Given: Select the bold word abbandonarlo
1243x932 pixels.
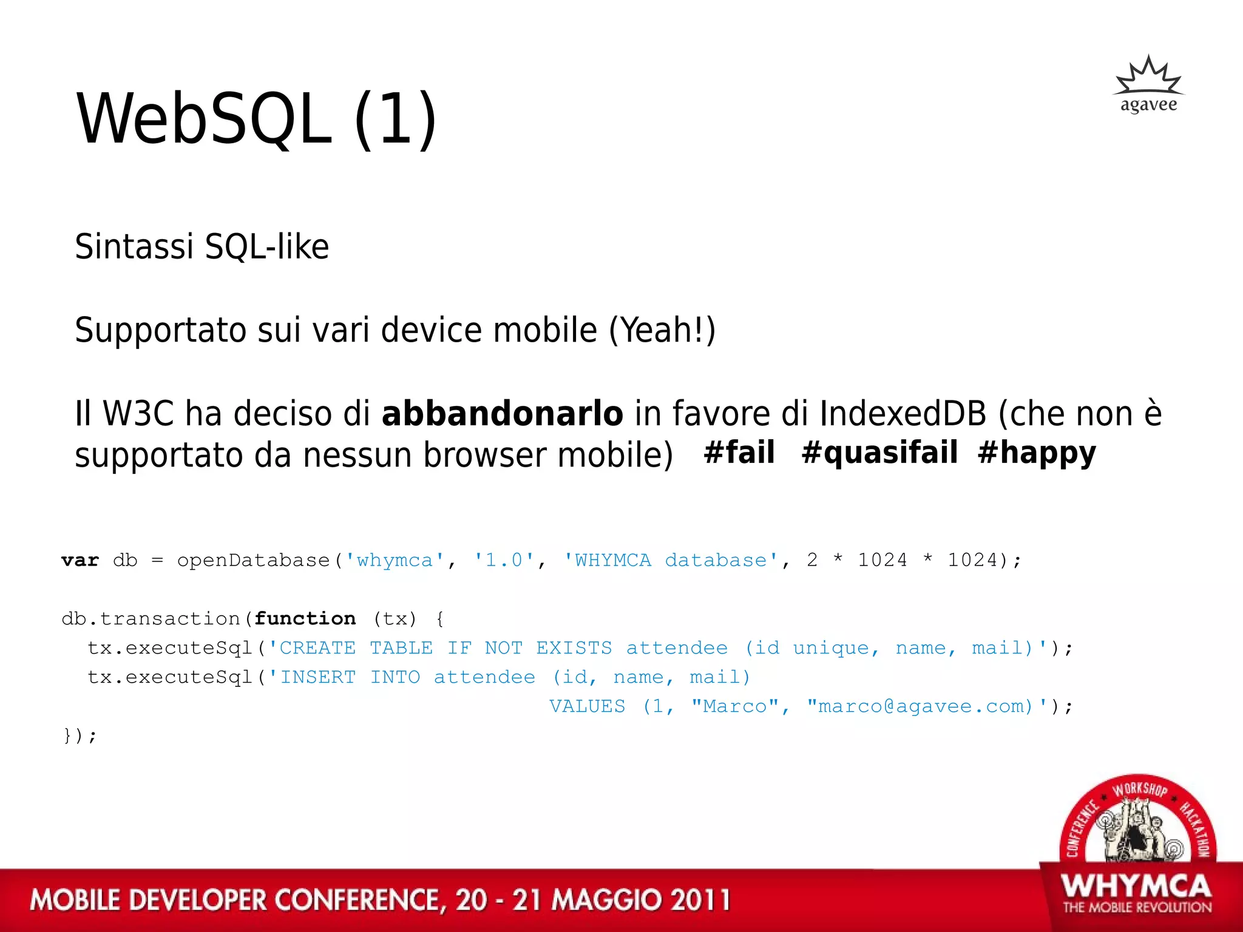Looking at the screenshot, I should (502, 414).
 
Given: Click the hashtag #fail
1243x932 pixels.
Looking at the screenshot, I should (739, 453).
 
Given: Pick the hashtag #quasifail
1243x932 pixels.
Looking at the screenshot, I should (879, 453).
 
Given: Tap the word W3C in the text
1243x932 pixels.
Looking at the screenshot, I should (139, 414).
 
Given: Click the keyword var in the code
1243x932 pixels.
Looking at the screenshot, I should (80, 560).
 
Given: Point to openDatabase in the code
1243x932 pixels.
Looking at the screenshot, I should (253, 560).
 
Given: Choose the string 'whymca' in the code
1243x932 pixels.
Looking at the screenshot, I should (395, 560).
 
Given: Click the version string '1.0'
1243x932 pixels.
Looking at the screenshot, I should (504, 560).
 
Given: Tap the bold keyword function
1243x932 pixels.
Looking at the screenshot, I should (305, 618).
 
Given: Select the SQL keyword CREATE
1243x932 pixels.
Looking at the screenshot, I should (317, 648).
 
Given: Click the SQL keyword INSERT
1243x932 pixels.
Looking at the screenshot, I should (317, 677).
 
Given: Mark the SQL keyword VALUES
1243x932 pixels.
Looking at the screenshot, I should (587, 706).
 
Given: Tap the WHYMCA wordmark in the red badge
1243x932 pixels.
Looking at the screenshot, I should (1136, 887).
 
